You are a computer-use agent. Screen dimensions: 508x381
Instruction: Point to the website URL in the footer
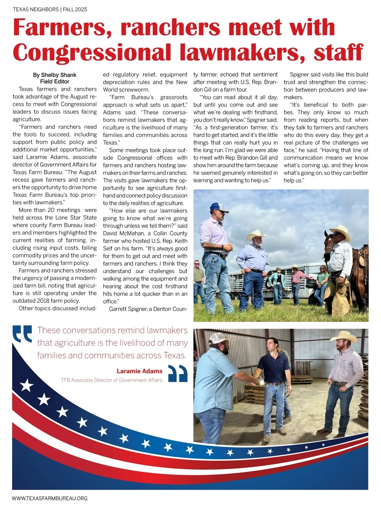pyautogui.click(x=50, y=498)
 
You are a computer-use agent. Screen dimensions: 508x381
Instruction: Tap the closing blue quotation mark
pyautogui.click(x=177, y=373)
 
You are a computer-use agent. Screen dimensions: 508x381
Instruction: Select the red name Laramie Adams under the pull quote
pyautogui.click(x=139, y=371)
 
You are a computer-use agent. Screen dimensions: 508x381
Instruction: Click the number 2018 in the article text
pyautogui.click(x=44, y=301)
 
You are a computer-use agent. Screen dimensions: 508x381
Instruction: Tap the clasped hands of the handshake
pyautogui.click(x=253, y=379)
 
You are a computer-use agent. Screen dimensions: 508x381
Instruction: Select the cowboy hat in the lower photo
pyautogui.click(x=344, y=336)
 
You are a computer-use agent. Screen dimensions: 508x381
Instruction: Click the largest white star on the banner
pyautogui.click(x=27, y=385)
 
